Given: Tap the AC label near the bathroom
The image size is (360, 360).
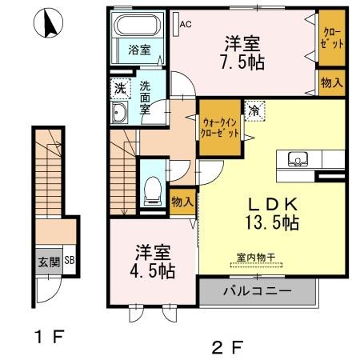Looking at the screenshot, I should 185,24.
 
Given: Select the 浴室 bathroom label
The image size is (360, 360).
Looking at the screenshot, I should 139,50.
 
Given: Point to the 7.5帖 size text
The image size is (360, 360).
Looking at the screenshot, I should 244,60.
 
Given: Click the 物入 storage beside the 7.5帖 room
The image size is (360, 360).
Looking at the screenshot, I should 331,82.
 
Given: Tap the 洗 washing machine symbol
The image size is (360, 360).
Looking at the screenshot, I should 119,87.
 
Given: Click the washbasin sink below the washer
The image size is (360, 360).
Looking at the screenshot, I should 120,113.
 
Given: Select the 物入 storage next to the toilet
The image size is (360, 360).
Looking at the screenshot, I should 182,202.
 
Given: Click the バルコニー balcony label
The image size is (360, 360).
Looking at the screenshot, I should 256,290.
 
